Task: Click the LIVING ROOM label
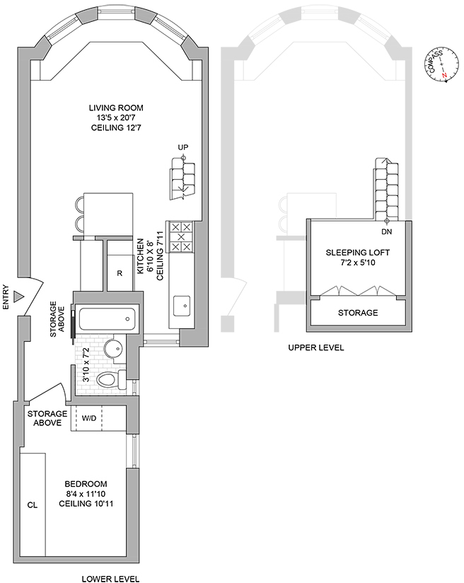tap(116, 108)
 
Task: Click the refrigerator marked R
tap(120, 272)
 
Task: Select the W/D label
tap(89, 418)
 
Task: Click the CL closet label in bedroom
tap(32, 505)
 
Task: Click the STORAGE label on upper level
tap(357, 313)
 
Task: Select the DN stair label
tap(386, 231)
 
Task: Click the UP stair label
tap(183, 148)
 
